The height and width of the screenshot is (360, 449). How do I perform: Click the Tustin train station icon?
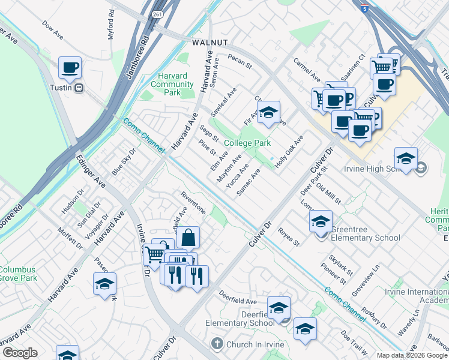point(79,88)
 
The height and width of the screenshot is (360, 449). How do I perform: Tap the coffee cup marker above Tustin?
point(70,68)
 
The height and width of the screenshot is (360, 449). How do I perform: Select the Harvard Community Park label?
point(172,84)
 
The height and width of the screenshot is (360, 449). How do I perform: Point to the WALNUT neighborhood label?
point(209,43)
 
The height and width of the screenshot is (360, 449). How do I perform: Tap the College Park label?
point(247,143)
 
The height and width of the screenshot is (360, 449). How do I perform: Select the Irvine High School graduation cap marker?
point(406,158)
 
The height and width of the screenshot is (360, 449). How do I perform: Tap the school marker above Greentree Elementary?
point(321,221)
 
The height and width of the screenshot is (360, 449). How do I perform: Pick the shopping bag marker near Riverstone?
point(188,238)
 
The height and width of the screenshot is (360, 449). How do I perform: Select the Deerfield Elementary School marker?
point(279,308)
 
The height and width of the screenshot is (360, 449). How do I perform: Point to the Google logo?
point(19,352)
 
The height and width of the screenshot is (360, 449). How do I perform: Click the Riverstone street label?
point(193,203)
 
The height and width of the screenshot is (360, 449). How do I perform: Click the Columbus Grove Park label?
point(18,274)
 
